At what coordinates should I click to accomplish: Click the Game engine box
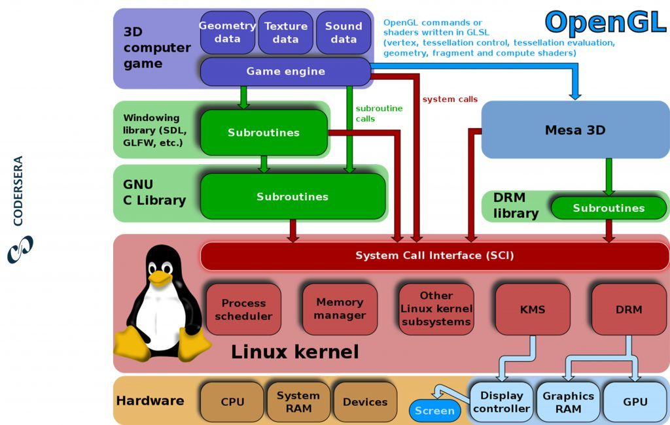(x=285, y=71)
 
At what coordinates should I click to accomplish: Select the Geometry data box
(x=227, y=32)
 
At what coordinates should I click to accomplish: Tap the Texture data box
(x=285, y=32)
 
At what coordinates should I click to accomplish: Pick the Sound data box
(x=344, y=32)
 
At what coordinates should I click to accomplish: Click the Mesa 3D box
(x=575, y=130)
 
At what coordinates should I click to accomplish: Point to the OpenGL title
(x=605, y=22)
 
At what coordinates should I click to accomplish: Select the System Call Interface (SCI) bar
(x=434, y=256)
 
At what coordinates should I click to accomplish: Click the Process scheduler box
(x=243, y=309)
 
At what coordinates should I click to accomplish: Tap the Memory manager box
(x=340, y=309)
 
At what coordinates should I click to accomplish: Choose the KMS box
(x=533, y=309)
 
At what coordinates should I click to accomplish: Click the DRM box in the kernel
(x=629, y=309)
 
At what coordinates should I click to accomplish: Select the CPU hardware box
(x=232, y=402)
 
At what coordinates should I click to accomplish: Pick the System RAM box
(x=298, y=402)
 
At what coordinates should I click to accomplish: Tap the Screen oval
(x=434, y=411)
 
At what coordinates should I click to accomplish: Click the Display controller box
(x=501, y=402)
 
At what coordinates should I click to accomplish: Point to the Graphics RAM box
(x=568, y=402)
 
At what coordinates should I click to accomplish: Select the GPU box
(x=635, y=402)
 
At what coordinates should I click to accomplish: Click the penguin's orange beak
(x=159, y=277)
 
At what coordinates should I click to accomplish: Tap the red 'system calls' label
(x=450, y=99)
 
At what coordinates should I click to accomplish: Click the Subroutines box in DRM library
(x=608, y=208)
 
